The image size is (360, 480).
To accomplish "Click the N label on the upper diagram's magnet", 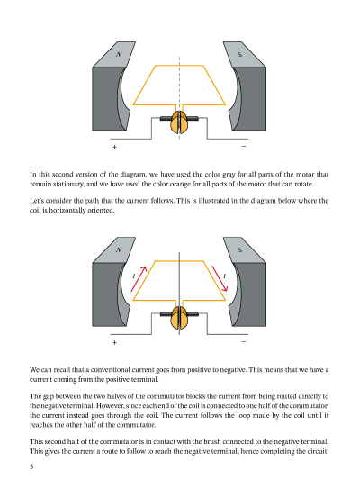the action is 119,54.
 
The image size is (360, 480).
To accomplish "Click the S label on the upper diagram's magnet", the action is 239,55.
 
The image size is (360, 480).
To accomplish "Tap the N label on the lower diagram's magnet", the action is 119,249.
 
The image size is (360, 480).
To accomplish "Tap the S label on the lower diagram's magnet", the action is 239,249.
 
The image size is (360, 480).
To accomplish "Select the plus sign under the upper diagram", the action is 114,147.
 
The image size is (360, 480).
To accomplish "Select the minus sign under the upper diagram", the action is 244,146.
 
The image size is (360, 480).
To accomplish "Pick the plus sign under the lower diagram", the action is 114,342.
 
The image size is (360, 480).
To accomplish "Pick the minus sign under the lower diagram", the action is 244,341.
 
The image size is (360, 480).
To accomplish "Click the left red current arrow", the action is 139,279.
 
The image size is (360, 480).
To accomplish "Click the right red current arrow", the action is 220,278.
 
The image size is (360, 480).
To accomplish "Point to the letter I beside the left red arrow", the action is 134,276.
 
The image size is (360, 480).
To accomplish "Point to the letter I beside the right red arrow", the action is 225,276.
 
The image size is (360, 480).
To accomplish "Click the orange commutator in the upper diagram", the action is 178,122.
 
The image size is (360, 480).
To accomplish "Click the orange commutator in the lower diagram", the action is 178,318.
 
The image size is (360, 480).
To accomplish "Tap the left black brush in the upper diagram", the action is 166,118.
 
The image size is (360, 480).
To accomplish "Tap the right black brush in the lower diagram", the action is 192,313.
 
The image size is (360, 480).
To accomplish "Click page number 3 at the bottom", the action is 31,466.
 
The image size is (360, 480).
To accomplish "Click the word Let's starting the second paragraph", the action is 37,201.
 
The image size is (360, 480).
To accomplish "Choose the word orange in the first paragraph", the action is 181,184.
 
